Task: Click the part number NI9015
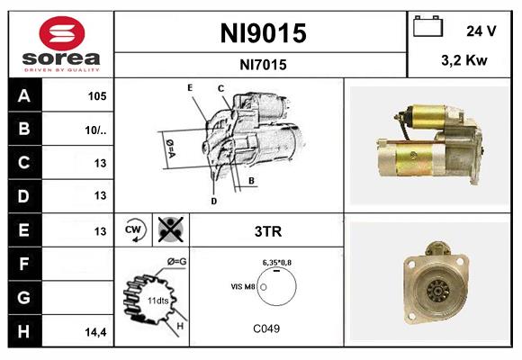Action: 263,33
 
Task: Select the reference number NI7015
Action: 263,64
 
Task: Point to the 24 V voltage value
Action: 481,31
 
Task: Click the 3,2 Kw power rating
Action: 465,61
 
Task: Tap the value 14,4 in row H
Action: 96,332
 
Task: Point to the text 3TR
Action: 266,231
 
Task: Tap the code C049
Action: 266,328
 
